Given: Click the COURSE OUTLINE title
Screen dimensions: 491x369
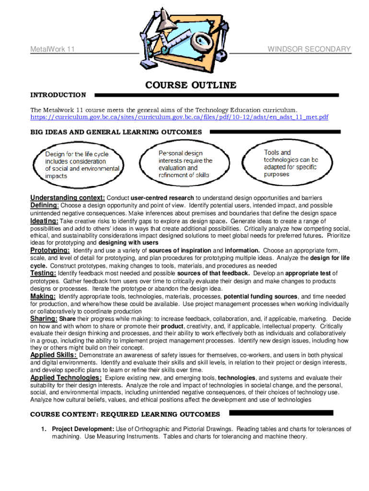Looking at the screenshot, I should (x=191, y=85).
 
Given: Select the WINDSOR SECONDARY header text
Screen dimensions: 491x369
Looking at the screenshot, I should (x=309, y=49).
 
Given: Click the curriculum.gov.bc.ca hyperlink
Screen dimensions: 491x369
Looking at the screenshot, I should (x=179, y=117).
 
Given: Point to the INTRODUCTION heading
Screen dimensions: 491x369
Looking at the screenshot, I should (x=58, y=95).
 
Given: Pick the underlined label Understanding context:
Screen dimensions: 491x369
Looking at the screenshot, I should (x=68, y=198).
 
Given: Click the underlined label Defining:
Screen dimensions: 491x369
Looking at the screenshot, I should (x=45, y=206).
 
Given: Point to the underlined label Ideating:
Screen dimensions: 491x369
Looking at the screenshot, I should (x=45, y=221).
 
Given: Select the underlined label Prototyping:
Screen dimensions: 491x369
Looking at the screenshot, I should (x=50, y=250).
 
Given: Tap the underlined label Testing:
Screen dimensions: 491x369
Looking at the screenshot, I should (x=43, y=273).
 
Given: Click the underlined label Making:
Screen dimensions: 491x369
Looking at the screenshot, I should (x=43, y=296).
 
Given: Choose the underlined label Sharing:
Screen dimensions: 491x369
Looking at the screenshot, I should (x=44, y=319).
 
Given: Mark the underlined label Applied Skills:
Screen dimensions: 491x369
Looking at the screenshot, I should (x=53, y=355).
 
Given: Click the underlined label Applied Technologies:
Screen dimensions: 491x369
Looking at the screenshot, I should (x=66, y=378).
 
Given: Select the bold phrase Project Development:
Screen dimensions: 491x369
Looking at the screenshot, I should (x=83, y=429).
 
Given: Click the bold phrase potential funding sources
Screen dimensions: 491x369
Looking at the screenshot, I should (x=264, y=296).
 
